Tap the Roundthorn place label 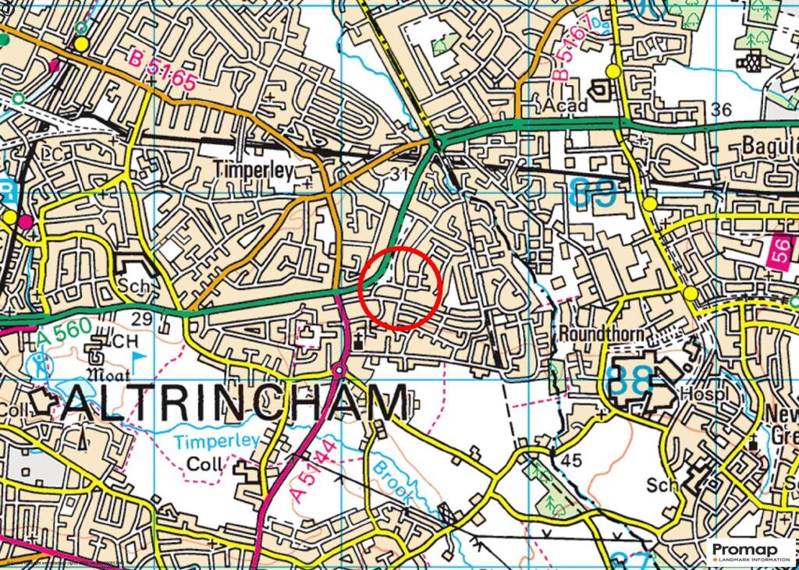(601, 334)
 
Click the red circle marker (401, 288)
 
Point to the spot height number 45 (571, 461)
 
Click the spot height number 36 (722, 110)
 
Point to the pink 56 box (783, 253)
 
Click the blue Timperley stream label (217, 442)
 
